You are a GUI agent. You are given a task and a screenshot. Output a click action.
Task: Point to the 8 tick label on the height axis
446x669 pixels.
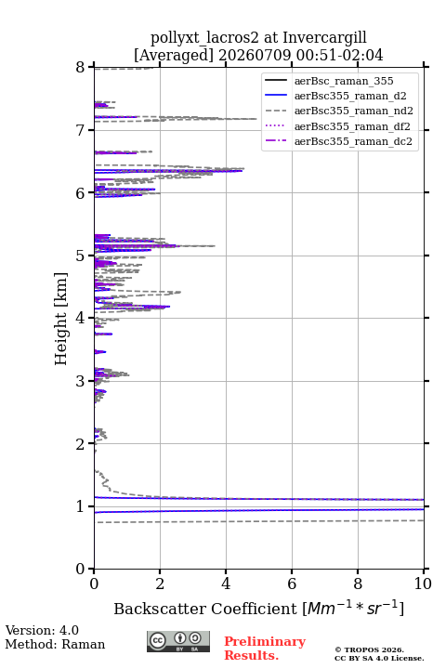81,67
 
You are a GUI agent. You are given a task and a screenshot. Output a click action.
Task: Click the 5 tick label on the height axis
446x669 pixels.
81,256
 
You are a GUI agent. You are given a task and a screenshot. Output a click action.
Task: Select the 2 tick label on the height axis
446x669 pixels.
81,444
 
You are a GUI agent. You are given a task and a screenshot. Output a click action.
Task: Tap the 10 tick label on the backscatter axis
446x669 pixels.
423,584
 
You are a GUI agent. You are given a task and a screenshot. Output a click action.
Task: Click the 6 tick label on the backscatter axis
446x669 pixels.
292,584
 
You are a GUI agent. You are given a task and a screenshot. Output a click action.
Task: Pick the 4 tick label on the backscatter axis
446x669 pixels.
226,584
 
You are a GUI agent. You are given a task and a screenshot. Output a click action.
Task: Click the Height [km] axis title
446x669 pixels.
61,319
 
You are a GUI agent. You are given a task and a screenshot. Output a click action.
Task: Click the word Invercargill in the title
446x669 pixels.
325,38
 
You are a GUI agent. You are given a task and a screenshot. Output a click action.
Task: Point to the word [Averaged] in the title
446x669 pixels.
173,56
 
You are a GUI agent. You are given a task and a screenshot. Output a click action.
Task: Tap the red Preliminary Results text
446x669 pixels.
265,649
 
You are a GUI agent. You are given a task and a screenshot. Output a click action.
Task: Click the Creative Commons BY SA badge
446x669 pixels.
178,641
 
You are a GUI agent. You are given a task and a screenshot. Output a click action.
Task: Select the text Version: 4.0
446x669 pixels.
42,630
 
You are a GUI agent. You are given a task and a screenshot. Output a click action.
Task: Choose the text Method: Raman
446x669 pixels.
55,644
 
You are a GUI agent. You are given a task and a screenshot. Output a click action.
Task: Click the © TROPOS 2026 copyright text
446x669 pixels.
369,649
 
